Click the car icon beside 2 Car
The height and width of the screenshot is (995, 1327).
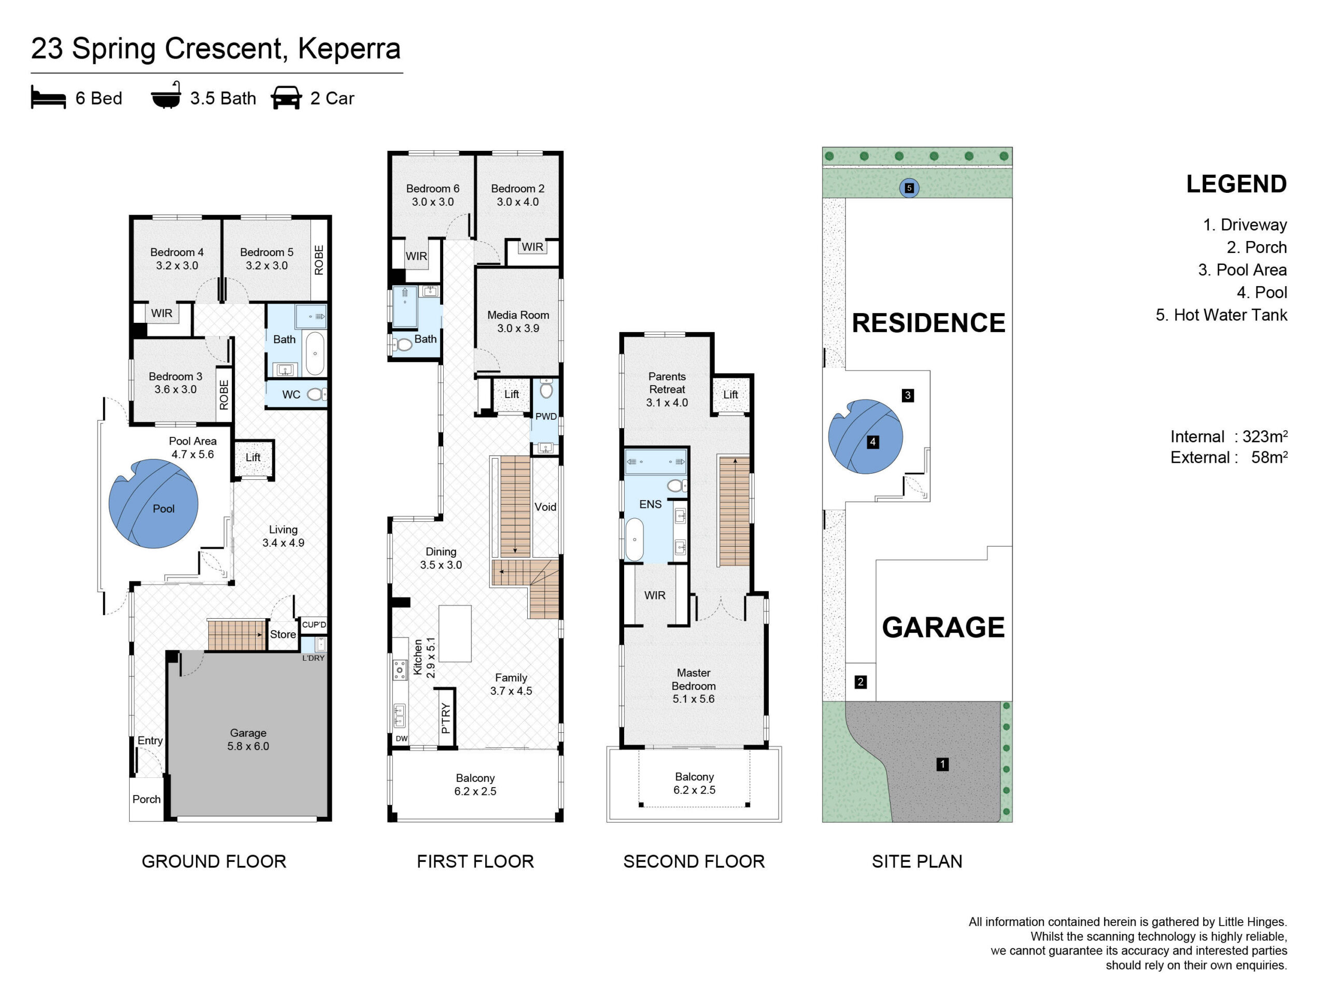(286, 98)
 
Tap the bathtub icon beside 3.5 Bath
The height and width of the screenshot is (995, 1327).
(165, 95)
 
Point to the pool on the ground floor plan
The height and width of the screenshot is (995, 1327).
(153, 504)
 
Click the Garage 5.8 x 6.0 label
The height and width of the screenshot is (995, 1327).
(248, 740)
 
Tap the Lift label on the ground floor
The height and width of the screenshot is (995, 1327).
(253, 458)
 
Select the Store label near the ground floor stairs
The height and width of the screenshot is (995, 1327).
(283, 634)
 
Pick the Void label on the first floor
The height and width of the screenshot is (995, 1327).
(545, 507)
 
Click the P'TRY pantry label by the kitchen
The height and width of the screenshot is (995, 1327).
(446, 718)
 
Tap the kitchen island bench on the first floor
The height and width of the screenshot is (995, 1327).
(455, 634)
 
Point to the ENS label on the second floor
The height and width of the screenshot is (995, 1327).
(651, 504)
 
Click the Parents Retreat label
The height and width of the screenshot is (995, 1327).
(667, 389)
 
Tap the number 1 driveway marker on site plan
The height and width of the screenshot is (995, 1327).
(942, 764)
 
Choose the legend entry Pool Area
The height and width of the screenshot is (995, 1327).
(1243, 270)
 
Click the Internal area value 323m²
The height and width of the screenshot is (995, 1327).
(1265, 437)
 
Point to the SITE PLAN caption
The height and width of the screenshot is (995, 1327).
(916, 862)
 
